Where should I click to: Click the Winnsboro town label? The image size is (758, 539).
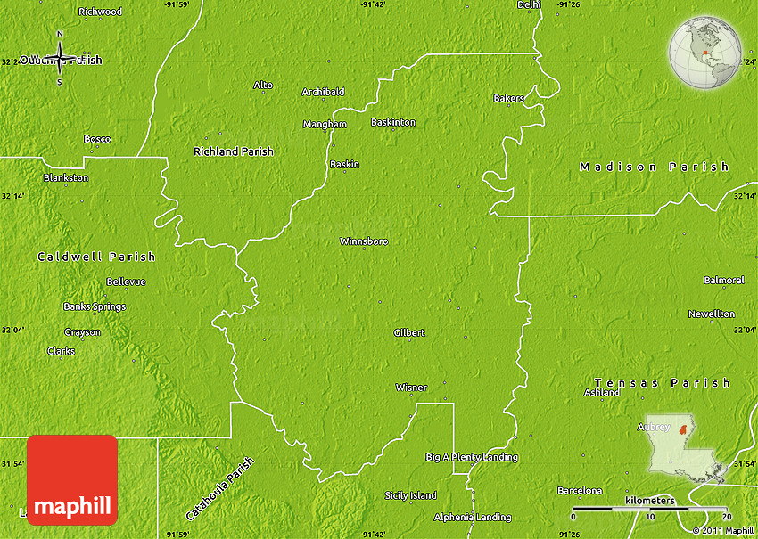point(364,241)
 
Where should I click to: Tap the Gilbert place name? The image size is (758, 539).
point(409,333)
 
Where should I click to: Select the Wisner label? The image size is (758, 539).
point(411,388)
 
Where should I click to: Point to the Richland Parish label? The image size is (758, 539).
point(234,151)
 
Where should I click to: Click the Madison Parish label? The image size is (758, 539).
point(654,167)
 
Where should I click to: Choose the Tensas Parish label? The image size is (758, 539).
point(663,383)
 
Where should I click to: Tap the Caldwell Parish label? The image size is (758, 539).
point(96,257)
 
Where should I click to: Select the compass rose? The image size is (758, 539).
point(60,60)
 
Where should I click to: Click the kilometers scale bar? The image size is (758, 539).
point(649,510)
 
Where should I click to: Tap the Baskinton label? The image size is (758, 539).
point(393,122)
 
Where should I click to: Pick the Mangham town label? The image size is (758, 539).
point(325,124)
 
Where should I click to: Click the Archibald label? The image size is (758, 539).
point(323,92)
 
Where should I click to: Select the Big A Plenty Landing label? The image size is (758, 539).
point(471,457)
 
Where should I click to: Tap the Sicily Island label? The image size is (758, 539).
point(410,495)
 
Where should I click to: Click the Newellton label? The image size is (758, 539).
point(711,314)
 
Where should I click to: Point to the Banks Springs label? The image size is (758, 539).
point(95,306)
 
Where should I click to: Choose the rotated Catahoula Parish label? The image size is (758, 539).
point(220,489)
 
